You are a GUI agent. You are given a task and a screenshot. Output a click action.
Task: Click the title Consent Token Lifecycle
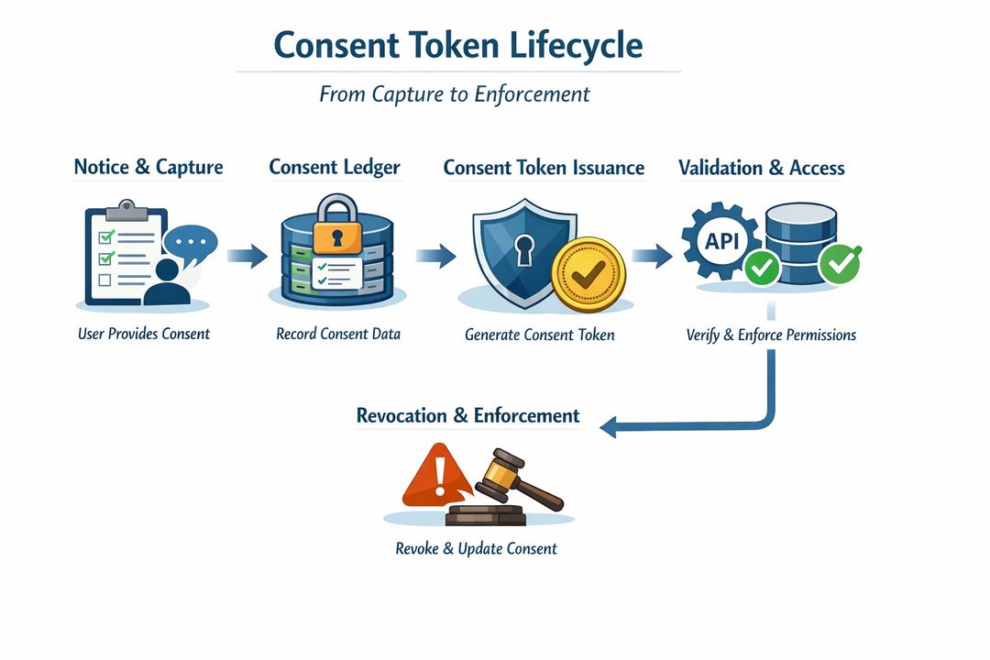458,45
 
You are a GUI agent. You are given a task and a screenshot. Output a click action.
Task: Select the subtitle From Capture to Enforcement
455,94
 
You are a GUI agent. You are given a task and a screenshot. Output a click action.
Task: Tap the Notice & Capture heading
148,167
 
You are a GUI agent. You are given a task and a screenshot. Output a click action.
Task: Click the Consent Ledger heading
335,167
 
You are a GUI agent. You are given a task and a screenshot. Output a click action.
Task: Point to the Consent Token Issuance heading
544,168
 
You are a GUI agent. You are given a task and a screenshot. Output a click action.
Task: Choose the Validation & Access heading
762,168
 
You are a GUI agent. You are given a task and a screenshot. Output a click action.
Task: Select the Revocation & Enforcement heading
467,415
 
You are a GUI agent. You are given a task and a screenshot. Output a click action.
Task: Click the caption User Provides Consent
144,334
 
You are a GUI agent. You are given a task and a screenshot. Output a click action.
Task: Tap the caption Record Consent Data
338,334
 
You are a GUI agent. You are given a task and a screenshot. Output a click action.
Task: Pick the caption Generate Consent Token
540,335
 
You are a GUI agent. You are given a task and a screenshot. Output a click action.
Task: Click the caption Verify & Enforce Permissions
771,335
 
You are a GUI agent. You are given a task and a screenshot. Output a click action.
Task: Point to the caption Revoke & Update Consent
476,549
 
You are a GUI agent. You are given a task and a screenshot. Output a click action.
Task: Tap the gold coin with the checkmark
588,273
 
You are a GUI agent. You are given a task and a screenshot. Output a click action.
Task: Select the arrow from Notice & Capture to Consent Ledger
246,256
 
